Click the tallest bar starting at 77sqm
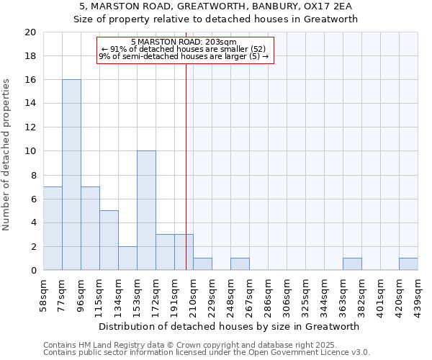coord(71,175)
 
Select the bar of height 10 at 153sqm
coord(146,210)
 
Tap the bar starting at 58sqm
coord(53,228)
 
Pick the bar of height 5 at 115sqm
coord(109,240)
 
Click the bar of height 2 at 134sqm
coord(127,258)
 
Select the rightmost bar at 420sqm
coord(408,264)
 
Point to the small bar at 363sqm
coord(352,264)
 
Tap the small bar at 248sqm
coord(240,264)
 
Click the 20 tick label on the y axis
coord(30,32)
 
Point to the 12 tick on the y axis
coord(30,127)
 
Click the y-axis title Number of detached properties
coord(7,155)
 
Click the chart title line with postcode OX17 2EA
coord(216,6)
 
